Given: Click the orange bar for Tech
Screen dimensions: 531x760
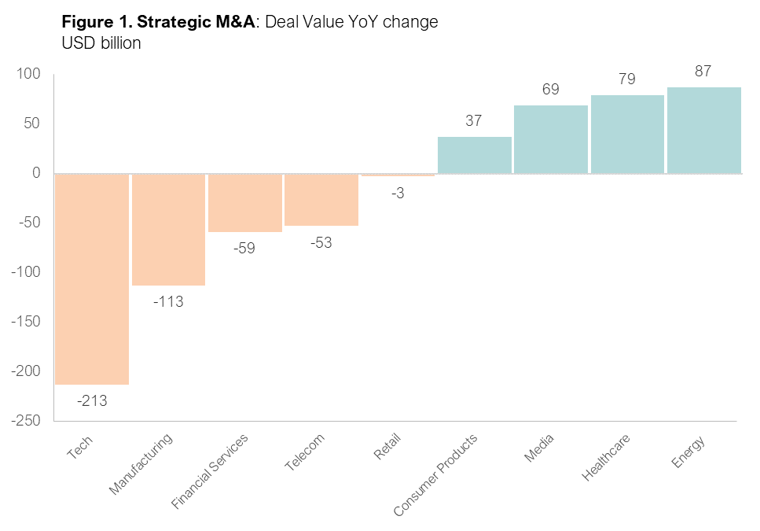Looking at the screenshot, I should tap(92, 278).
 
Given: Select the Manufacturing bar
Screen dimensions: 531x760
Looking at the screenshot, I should tap(168, 229).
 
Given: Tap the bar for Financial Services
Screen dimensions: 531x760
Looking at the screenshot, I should tap(244, 202).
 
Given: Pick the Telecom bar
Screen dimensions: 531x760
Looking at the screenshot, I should tap(321, 200).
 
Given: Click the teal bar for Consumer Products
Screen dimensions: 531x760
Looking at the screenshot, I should tap(474, 155).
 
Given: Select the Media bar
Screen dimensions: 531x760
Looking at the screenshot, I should tap(550, 139).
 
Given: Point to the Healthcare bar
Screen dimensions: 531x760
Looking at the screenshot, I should tap(627, 134).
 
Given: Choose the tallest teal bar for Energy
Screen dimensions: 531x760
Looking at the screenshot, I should tap(703, 130).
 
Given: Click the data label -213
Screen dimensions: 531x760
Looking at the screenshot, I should tap(92, 401).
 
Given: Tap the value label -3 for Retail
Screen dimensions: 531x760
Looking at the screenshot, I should tap(398, 194).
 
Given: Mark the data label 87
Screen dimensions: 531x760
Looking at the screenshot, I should tap(703, 72).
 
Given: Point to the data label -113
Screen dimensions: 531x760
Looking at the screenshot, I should tap(168, 301).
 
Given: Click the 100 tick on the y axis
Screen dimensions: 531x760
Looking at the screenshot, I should tap(29, 74).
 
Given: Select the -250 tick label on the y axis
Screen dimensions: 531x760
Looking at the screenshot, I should tap(26, 421).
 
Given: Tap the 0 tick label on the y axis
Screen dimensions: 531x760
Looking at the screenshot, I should tap(36, 173).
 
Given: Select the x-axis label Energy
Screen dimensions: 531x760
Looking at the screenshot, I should tap(688, 451).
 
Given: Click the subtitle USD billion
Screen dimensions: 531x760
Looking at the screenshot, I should tap(101, 43).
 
